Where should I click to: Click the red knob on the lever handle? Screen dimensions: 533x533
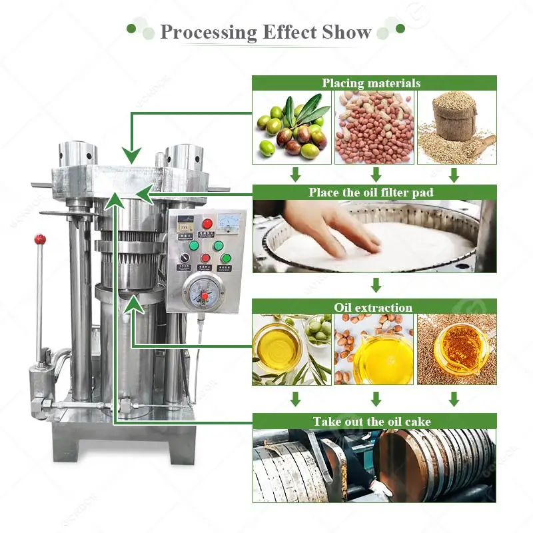(41, 239)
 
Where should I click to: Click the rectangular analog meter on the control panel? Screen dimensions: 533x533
(230, 223)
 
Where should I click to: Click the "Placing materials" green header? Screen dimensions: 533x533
(374, 83)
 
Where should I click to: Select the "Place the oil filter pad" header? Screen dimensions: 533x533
(374, 193)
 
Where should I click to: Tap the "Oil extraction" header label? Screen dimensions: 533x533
(374, 307)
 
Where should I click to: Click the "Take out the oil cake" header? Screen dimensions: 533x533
(374, 422)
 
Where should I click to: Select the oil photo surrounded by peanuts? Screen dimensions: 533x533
(374, 350)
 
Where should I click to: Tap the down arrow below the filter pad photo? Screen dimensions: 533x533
(376, 285)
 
